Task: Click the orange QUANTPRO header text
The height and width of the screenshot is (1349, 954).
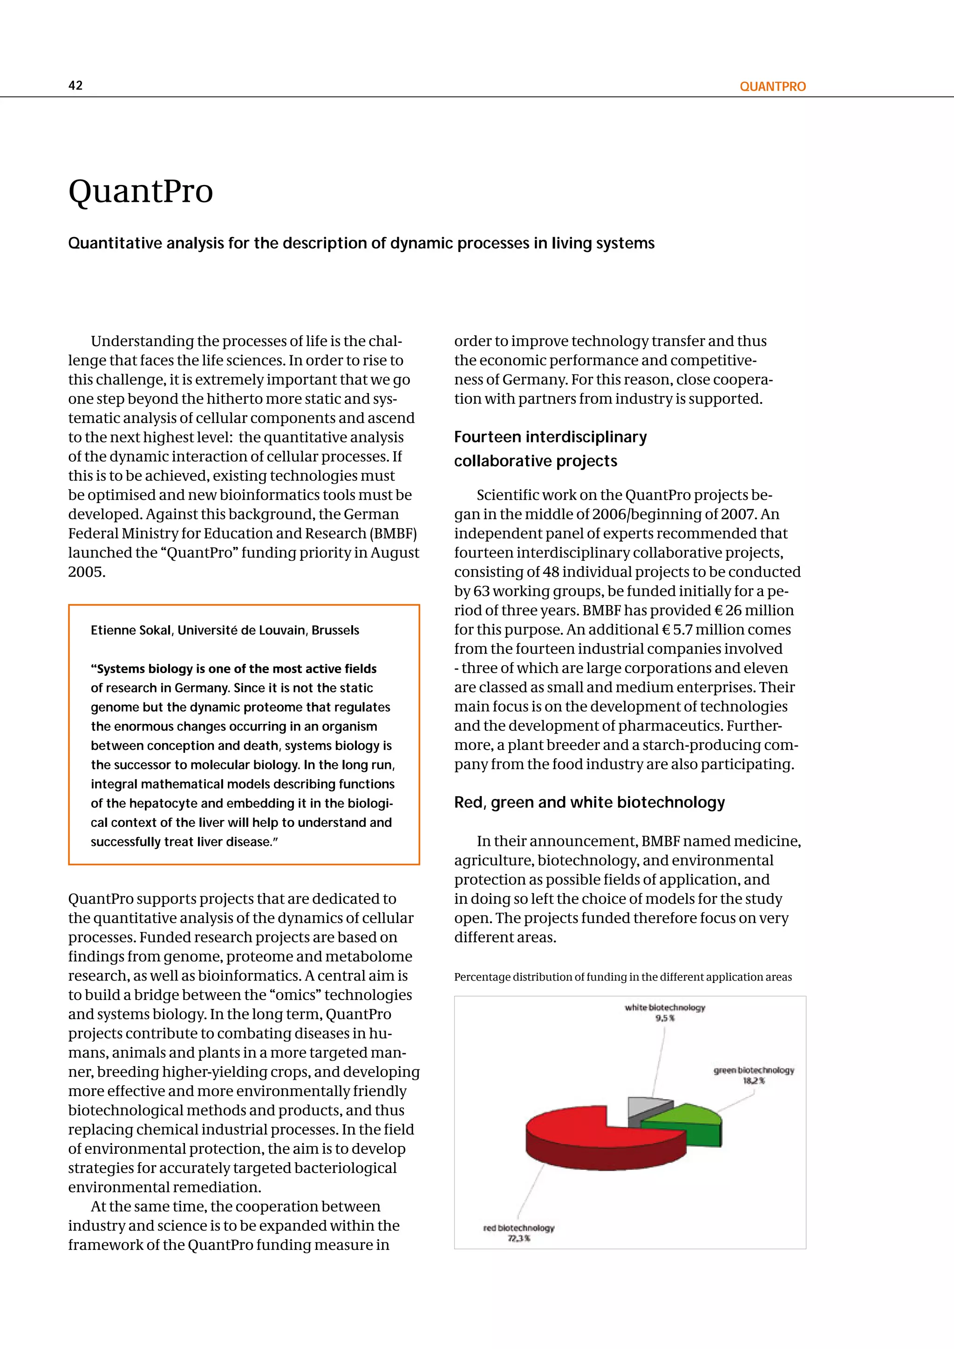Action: tap(772, 86)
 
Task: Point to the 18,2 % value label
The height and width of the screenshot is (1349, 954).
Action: tap(754, 1081)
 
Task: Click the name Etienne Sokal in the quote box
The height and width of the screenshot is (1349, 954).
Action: tap(130, 630)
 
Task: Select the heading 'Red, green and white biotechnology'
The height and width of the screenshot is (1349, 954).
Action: tap(589, 803)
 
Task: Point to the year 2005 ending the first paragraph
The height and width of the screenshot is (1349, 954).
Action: tap(86, 572)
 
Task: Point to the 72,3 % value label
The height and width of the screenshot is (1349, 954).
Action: tap(519, 1239)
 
